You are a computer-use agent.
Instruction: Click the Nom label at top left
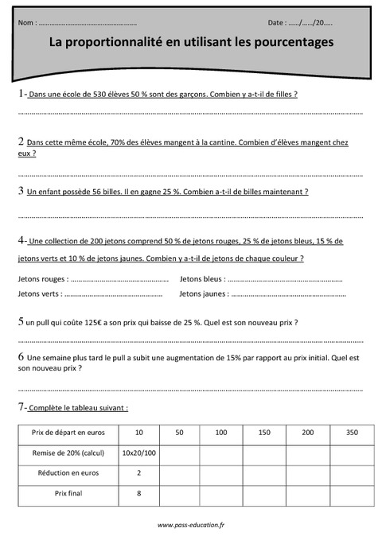(25, 23)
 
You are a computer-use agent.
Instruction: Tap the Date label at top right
(279, 23)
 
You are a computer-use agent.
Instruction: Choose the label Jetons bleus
(201, 279)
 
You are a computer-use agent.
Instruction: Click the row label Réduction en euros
(68, 473)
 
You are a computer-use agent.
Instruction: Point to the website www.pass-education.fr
(191, 525)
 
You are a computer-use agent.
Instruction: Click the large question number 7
(21, 407)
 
